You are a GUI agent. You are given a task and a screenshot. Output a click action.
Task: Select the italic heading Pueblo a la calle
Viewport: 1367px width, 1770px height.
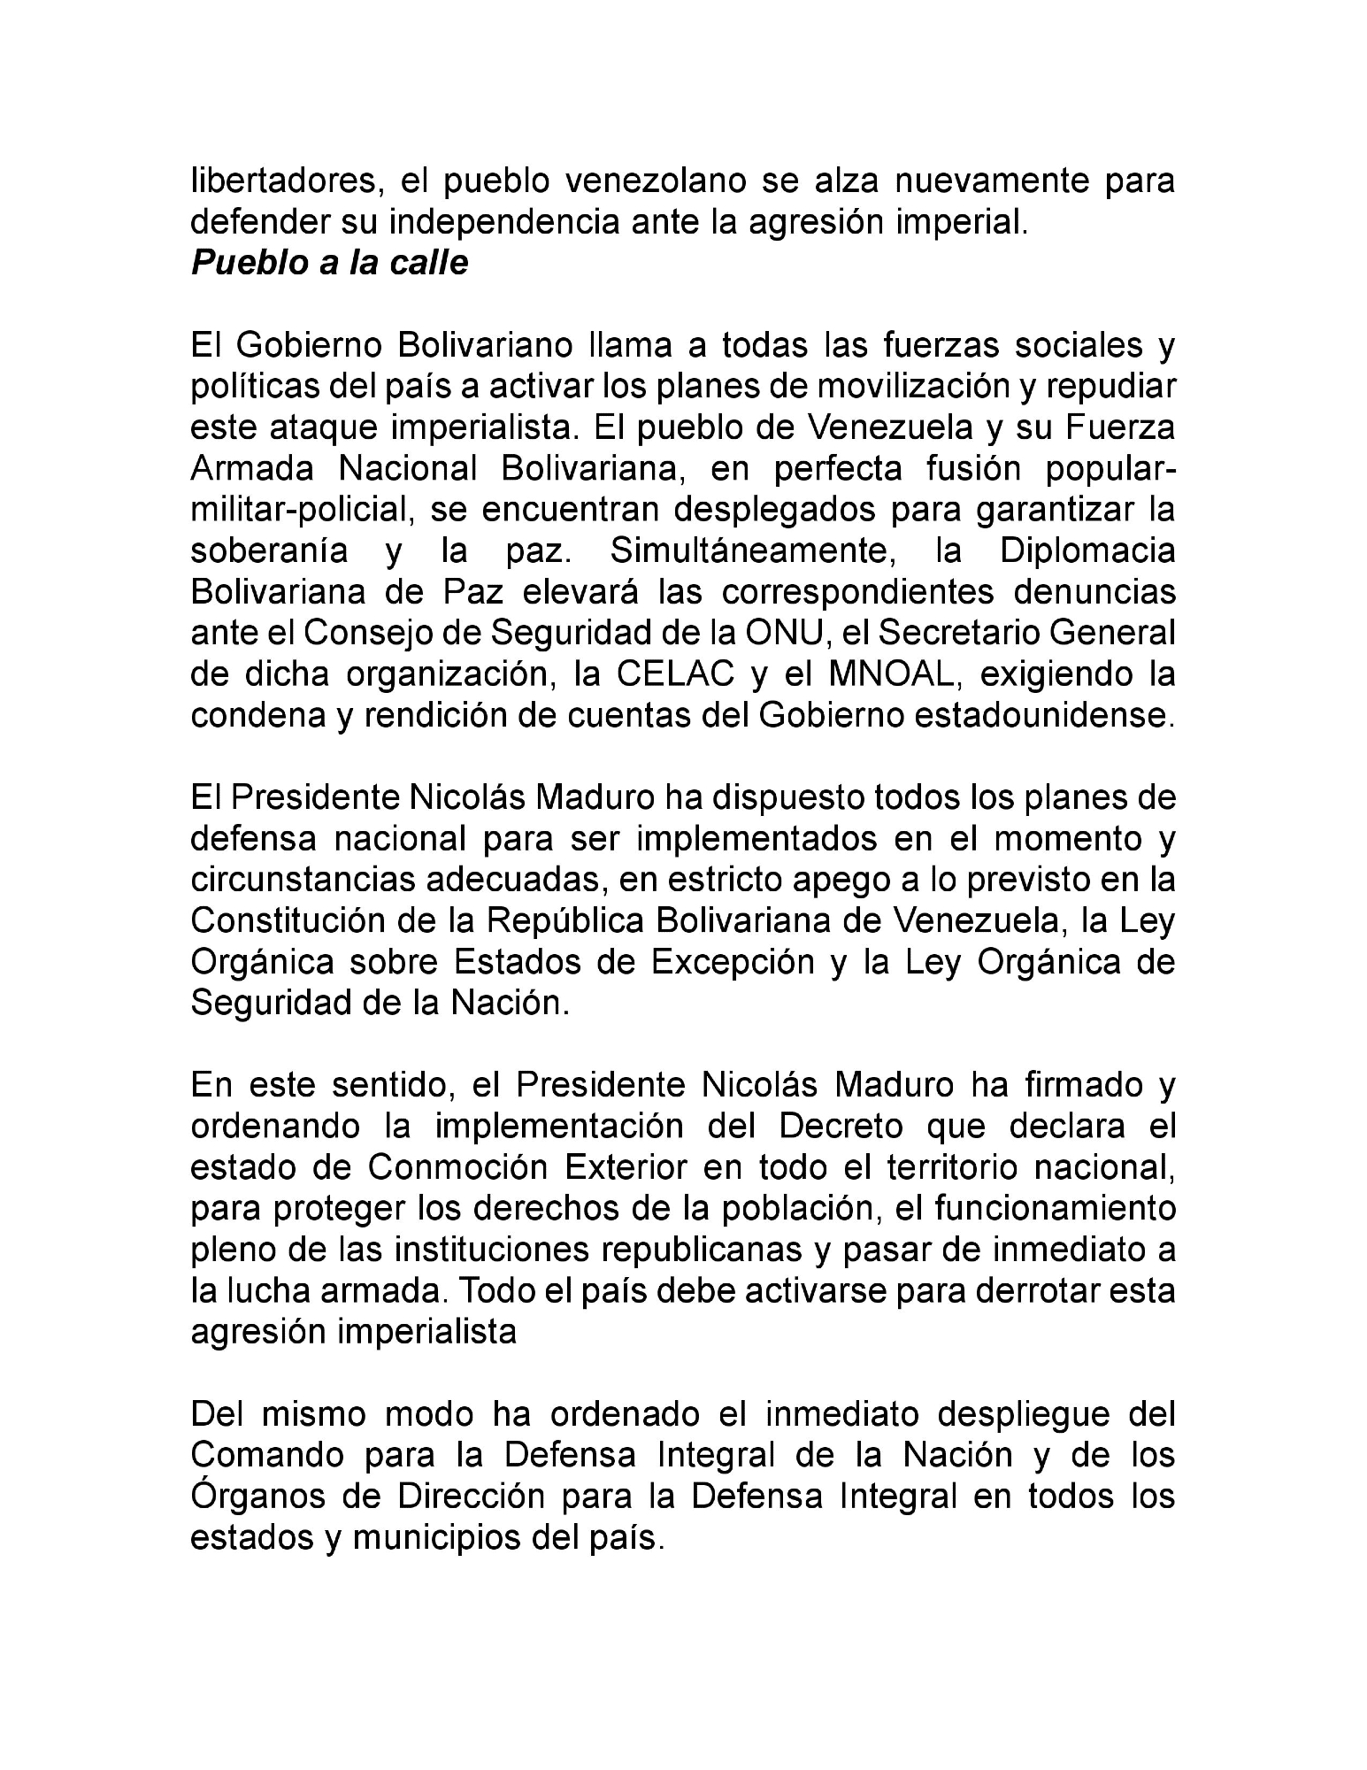[329, 263]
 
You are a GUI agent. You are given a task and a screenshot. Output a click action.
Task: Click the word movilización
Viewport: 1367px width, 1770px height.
[925, 387]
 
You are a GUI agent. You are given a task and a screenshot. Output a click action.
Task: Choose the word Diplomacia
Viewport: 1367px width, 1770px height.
[1087, 550]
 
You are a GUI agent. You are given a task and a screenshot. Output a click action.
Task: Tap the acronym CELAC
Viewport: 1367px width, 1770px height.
[676, 673]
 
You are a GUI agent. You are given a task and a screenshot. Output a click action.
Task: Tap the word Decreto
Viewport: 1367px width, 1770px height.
[841, 1127]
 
